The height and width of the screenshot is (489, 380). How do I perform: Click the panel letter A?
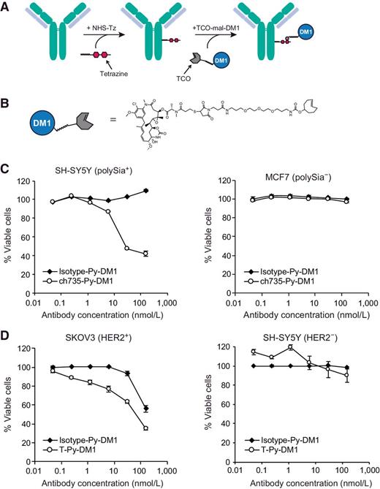click(6, 6)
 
